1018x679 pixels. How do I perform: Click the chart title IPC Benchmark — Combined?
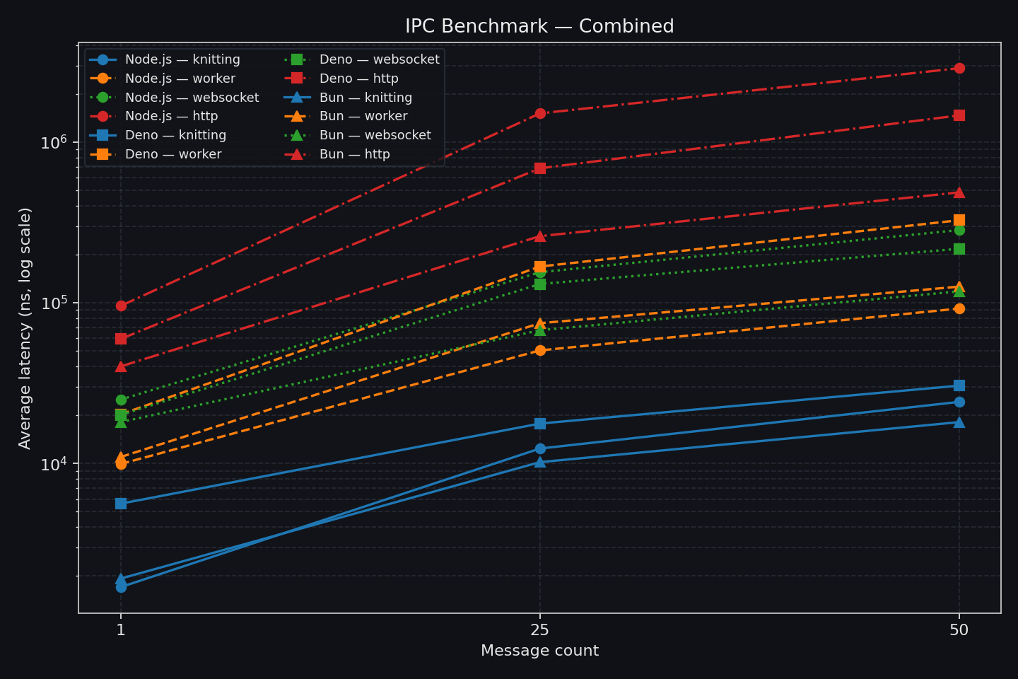point(539,26)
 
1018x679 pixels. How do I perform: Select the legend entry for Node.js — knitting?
point(182,59)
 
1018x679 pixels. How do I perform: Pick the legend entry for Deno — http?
point(358,79)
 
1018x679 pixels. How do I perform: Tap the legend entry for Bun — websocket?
point(375,135)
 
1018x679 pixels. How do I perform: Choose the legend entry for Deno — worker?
point(172,154)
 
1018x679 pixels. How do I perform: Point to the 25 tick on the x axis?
point(540,629)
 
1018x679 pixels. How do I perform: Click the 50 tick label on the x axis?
point(959,629)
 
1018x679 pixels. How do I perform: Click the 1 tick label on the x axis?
point(121,629)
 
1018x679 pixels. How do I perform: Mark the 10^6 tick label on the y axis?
point(54,142)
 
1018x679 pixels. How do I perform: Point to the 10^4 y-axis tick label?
point(54,464)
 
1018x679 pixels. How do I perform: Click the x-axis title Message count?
point(539,651)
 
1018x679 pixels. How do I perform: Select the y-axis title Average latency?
point(25,328)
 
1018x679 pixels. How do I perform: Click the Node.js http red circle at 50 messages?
point(959,68)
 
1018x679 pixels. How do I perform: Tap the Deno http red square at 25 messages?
point(540,168)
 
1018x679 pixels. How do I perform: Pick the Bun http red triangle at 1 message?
point(121,366)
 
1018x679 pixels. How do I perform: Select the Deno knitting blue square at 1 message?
point(121,504)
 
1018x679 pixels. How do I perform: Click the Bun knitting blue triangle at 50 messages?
point(959,422)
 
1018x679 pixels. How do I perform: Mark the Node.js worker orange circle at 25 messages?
point(540,350)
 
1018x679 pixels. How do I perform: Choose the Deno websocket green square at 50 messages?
point(959,249)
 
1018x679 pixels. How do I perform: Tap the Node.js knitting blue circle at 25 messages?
point(540,448)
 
